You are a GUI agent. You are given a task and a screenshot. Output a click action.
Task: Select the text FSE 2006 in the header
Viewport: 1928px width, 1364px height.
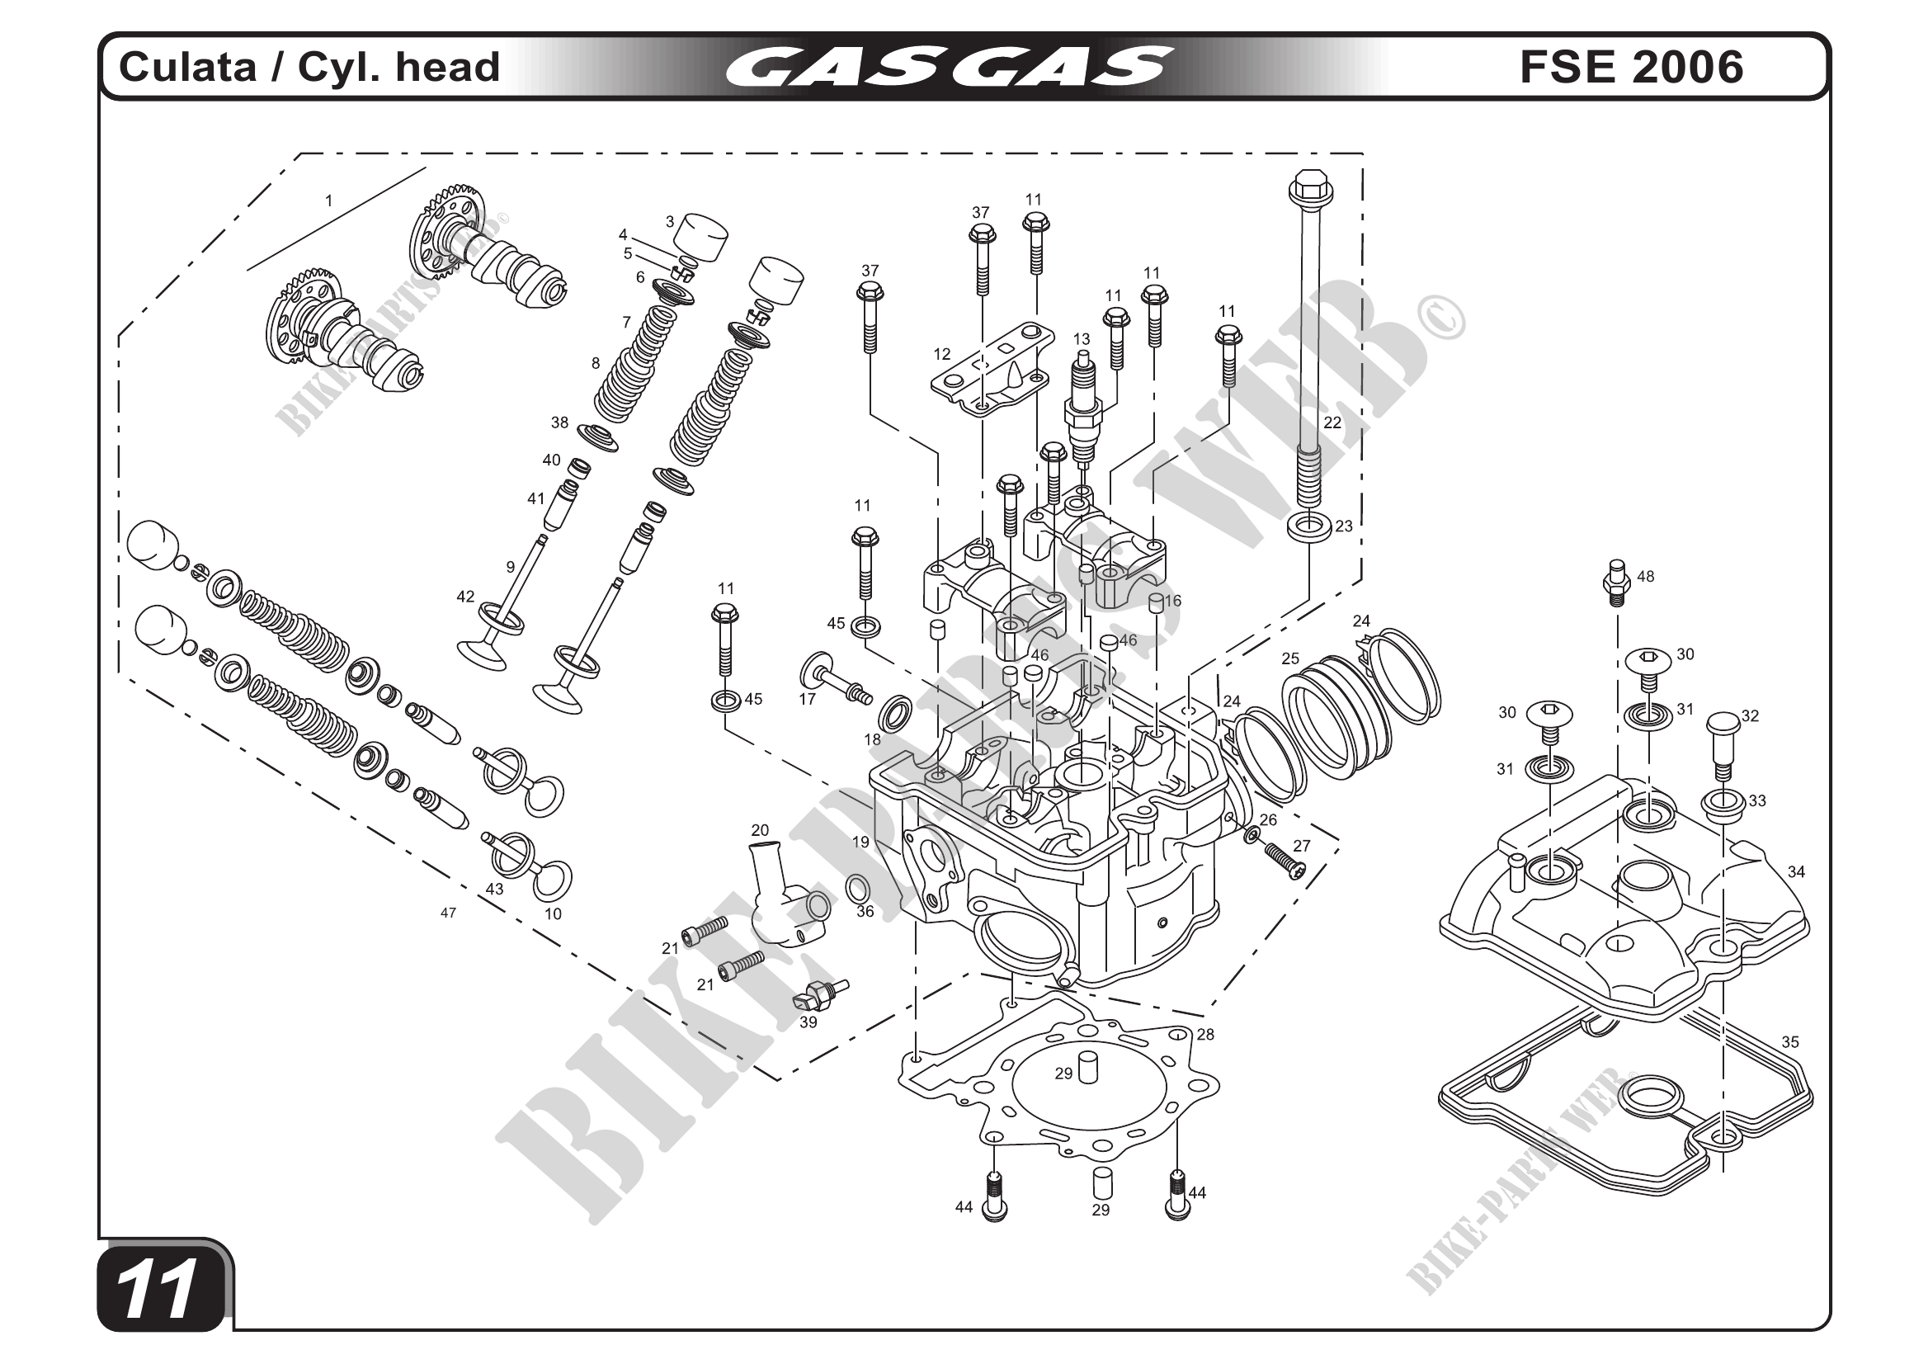1631,67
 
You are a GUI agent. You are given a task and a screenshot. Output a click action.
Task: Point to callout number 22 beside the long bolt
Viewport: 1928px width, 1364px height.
1332,422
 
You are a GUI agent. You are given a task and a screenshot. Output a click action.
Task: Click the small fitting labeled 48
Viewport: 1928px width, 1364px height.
1616,581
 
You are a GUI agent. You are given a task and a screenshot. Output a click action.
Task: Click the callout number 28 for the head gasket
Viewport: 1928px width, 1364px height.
1205,1035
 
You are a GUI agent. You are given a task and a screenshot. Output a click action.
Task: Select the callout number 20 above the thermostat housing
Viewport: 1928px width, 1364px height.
759,830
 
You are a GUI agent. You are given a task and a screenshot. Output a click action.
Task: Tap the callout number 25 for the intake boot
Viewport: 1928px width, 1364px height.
1289,658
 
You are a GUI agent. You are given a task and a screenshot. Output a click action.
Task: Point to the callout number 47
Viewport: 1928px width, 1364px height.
448,913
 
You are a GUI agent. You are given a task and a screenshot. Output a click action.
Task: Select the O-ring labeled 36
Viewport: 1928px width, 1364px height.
856,887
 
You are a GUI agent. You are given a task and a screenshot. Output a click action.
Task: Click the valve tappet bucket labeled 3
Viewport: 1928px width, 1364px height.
700,238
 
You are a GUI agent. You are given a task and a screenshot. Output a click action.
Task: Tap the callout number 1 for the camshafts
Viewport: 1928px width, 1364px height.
328,201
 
